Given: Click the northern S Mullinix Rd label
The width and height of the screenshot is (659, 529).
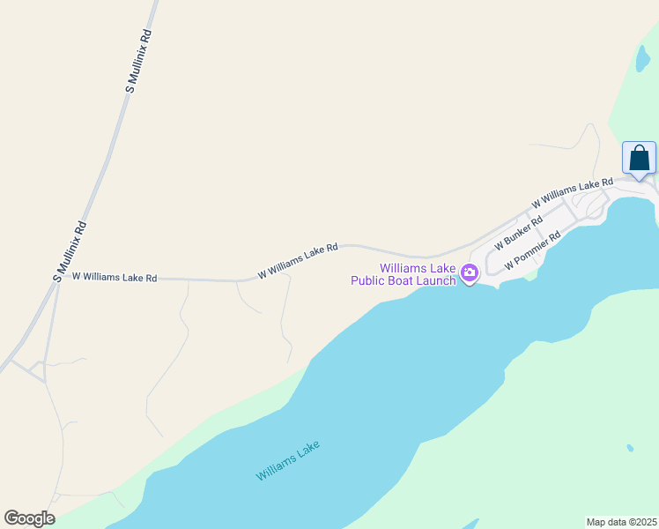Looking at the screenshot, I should [139, 61].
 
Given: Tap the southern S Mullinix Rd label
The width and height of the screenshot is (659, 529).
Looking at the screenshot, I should [69, 250].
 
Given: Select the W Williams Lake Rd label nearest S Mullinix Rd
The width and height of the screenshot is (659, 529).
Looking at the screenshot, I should [115, 277].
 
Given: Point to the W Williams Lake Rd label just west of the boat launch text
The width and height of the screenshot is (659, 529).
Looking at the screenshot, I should [298, 262].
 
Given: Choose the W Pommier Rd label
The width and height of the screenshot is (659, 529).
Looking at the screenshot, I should [532, 252].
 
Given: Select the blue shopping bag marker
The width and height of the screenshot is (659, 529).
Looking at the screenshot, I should [639, 159].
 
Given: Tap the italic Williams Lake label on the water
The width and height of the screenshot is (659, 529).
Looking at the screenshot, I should [288, 460].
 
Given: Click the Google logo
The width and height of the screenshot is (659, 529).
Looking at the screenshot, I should [29, 518].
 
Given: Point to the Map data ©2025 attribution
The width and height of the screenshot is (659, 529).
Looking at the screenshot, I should [621, 522].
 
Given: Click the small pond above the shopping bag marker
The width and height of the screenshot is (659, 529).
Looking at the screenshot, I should [641, 58].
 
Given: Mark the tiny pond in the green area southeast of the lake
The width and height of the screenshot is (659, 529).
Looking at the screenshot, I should [630, 448].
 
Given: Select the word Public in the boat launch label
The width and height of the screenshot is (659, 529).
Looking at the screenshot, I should [368, 281].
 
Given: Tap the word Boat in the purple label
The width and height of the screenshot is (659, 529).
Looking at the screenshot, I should [404, 281].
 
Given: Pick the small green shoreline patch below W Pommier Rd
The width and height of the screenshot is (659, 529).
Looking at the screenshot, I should [529, 275].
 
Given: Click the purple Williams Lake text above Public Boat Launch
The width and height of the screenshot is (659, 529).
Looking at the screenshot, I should [418, 268].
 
